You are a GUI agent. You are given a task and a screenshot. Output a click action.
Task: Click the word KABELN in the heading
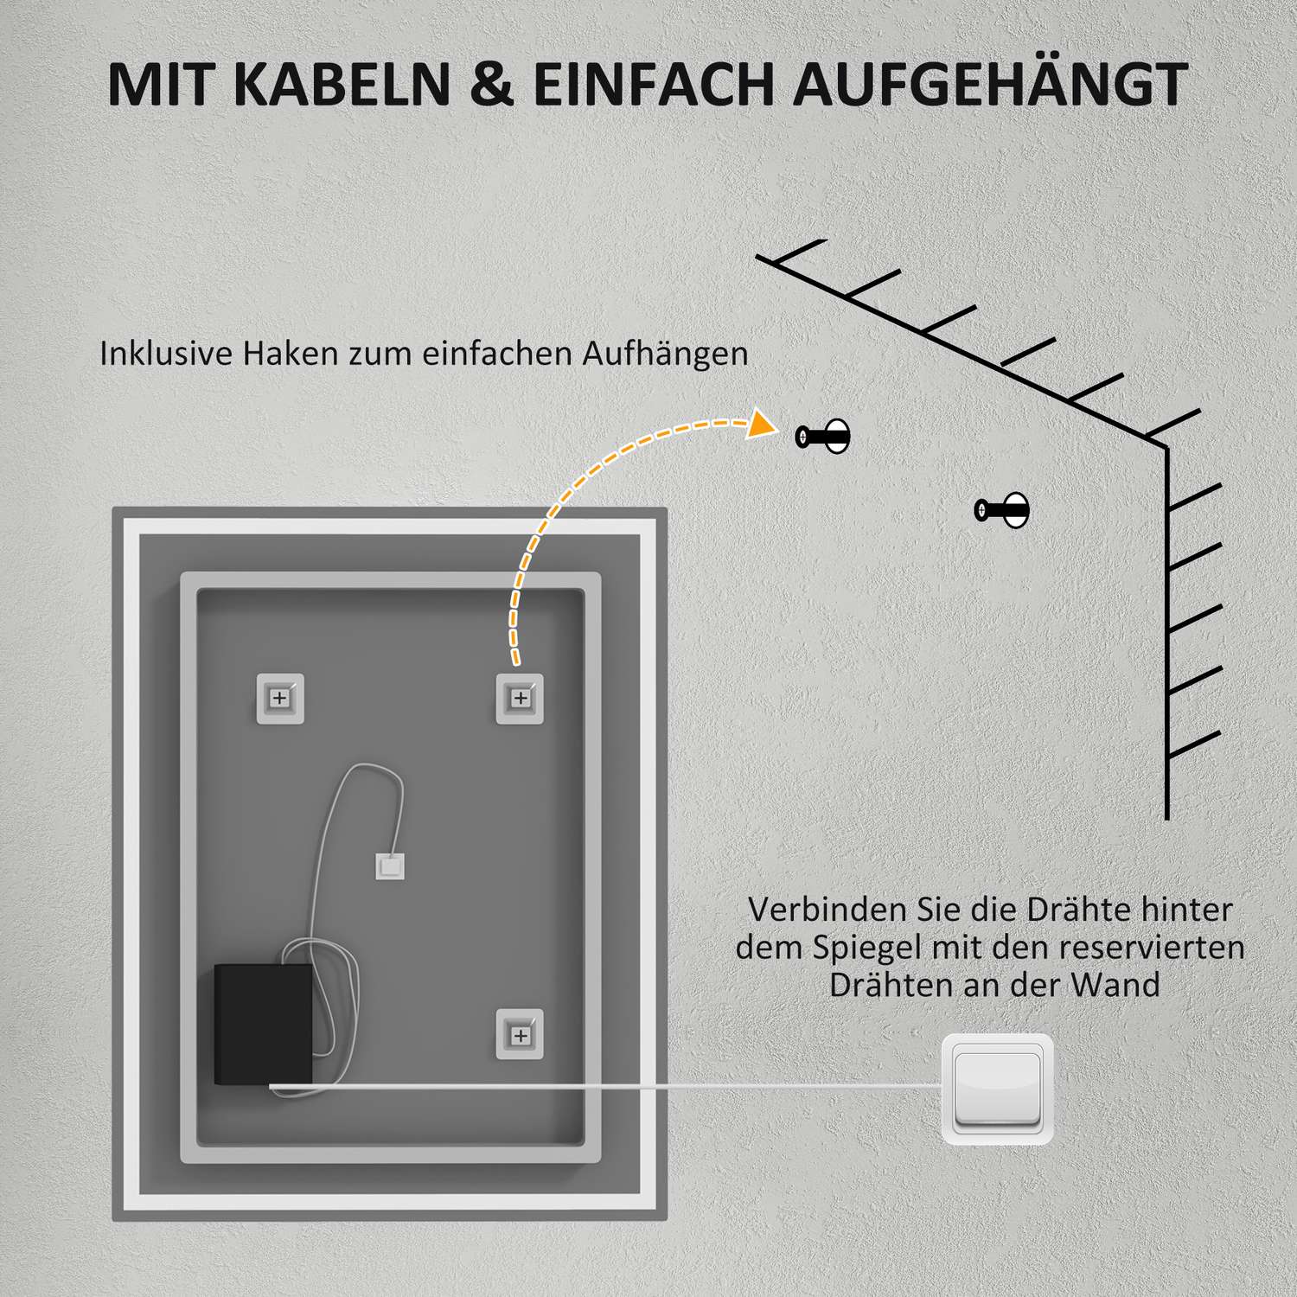tap(342, 85)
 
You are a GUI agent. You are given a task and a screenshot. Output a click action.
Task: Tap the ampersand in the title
tap(492, 85)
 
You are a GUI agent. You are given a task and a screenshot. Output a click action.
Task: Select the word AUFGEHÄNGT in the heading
tap(990, 85)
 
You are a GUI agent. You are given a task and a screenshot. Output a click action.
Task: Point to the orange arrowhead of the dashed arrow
tap(761, 424)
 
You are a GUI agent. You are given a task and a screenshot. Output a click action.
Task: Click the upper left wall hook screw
tap(822, 437)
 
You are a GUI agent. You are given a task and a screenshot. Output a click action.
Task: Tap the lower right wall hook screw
tap(1002, 510)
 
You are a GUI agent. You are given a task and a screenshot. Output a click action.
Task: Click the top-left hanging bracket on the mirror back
tap(280, 698)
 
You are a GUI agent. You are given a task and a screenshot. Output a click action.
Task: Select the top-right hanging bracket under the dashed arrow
tap(520, 698)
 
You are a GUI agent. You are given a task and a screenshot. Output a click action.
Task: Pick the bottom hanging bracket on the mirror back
tap(520, 1034)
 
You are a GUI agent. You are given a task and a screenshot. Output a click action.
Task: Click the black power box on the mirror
tap(263, 1024)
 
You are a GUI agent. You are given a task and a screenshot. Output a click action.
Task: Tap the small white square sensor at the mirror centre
tap(390, 866)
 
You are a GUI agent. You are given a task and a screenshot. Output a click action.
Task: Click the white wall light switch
tap(997, 1089)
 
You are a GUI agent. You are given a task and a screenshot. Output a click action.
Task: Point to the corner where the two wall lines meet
tap(1166, 447)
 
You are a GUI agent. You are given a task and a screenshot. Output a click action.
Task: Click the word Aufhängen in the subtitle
tap(664, 354)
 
